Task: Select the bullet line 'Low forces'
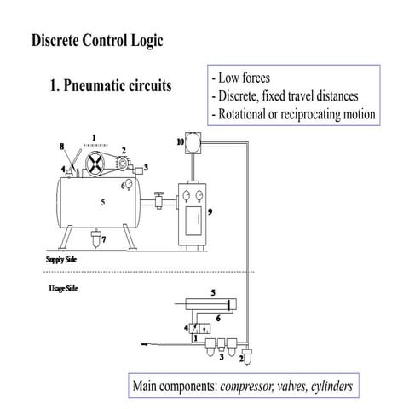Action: point(244,78)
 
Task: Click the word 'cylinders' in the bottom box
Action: point(327,387)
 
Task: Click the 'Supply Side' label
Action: point(61,256)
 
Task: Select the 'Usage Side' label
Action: point(62,289)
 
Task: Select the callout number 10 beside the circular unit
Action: point(180,140)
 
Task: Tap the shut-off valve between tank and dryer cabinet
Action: point(158,201)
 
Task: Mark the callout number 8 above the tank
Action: point(60,147)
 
